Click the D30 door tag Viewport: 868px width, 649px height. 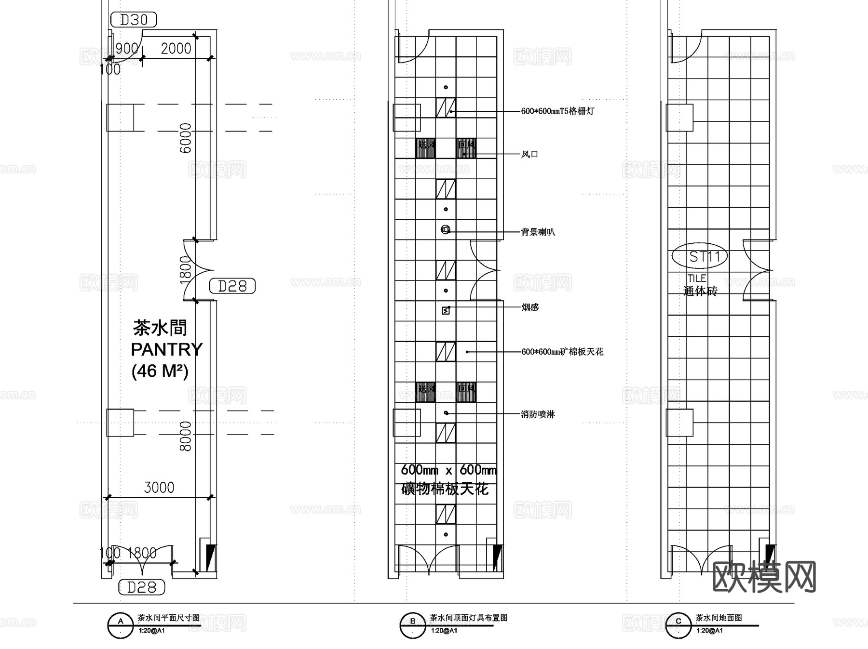[x=134, y=20]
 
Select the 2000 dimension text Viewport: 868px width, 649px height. [x=176, y=49]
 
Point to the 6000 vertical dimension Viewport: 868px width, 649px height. [x=186, y=138]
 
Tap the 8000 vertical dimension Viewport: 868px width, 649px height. [x=186, y=436]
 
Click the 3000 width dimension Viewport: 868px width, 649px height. [x=159, y=487]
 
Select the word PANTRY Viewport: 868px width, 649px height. [x=167, y=349]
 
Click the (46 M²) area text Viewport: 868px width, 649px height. [x=160, y=371]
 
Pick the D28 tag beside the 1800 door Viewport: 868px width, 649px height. [x=232, y=286]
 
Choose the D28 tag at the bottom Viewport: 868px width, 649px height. [x=142, y=587]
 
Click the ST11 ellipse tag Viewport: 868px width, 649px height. [x=700, y=257]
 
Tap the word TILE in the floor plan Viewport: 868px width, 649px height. [x=697, y=278]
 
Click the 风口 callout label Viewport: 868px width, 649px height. [x=529, y=154]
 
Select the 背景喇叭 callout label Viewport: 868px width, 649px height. [x=538, y=232]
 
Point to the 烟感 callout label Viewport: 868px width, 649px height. [x=529, y=307]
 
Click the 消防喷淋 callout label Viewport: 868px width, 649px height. [x=538, y=414]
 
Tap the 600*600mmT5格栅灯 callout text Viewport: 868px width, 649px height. [x=557, y=111]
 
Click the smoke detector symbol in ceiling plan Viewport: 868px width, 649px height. [x=446, y=310]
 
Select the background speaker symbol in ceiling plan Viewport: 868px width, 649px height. [x=446, y=229]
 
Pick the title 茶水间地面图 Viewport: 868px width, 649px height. [x=718, y=618]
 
